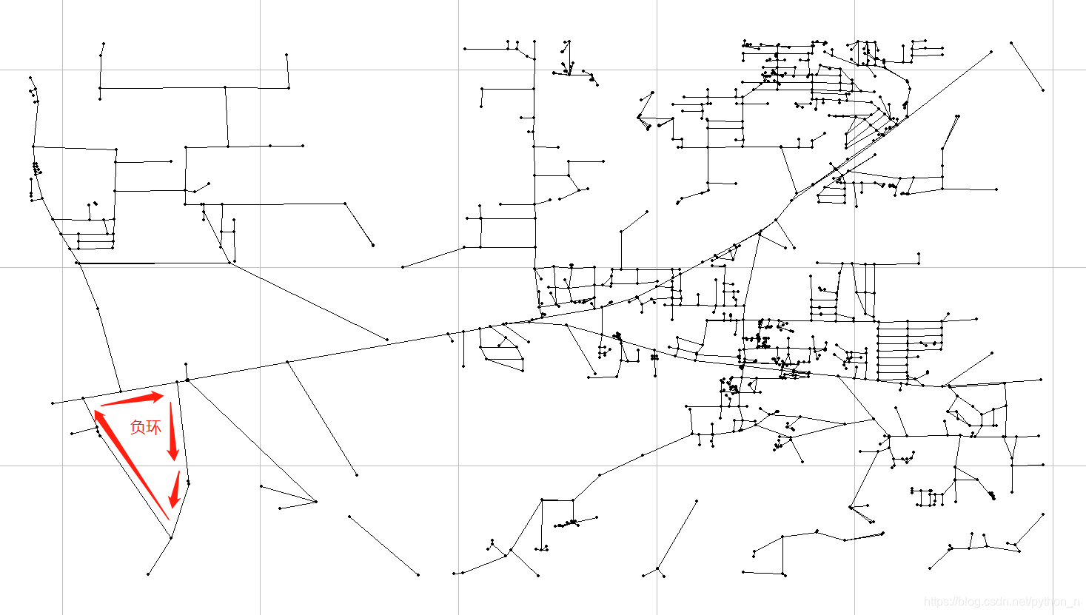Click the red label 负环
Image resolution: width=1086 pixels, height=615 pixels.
(x=145, y=427)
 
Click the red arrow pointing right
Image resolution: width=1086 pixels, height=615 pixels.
(x=132, y=400)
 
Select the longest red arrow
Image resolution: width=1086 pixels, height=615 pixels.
(x=133, y=464)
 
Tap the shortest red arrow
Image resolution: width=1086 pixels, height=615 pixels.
(x=175, y=490)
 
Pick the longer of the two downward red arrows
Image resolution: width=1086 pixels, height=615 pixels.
(x=172, y=431)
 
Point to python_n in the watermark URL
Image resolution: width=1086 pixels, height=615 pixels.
(x=1056, y=602)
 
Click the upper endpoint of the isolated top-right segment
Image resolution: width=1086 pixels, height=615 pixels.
(x=1011, y=43)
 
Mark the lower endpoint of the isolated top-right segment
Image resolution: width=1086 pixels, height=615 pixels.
(x=1043, y=90)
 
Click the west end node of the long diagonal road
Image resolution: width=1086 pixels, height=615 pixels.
(x=53, y=403)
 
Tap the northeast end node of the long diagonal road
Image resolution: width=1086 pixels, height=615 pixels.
(x=991, y=52)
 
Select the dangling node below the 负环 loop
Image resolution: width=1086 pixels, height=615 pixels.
(x=148, y=574)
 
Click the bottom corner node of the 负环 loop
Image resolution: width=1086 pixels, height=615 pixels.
(x=171, y=538)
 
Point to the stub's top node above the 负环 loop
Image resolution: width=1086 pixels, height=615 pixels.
(x=186, y=364)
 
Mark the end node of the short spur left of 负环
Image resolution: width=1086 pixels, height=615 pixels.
(x=72, y=434)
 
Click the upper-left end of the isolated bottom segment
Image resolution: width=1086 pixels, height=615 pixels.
(x=349, y=517)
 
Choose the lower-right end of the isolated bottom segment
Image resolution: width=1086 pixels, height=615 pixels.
(x=418, y=574)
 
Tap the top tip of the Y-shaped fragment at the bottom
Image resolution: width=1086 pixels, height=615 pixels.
(x=697, y=500)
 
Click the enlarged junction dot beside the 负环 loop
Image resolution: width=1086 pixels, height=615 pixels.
(x=188, y=380)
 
